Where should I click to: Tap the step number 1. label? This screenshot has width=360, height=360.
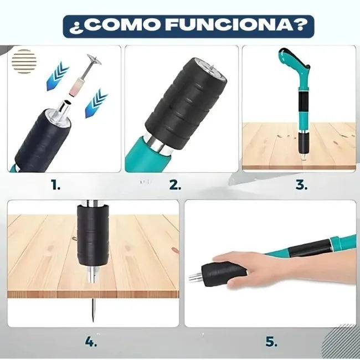(x=55, y=185)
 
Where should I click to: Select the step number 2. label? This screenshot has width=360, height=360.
(x=175, y=185)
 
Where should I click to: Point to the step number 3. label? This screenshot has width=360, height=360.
(x=301, y=185)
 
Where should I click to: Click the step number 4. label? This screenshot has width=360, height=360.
(x=91, y=342)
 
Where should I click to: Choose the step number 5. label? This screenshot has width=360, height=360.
(x=271, y=342)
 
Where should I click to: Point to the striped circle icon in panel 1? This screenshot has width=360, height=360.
(x=24, y=58)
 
